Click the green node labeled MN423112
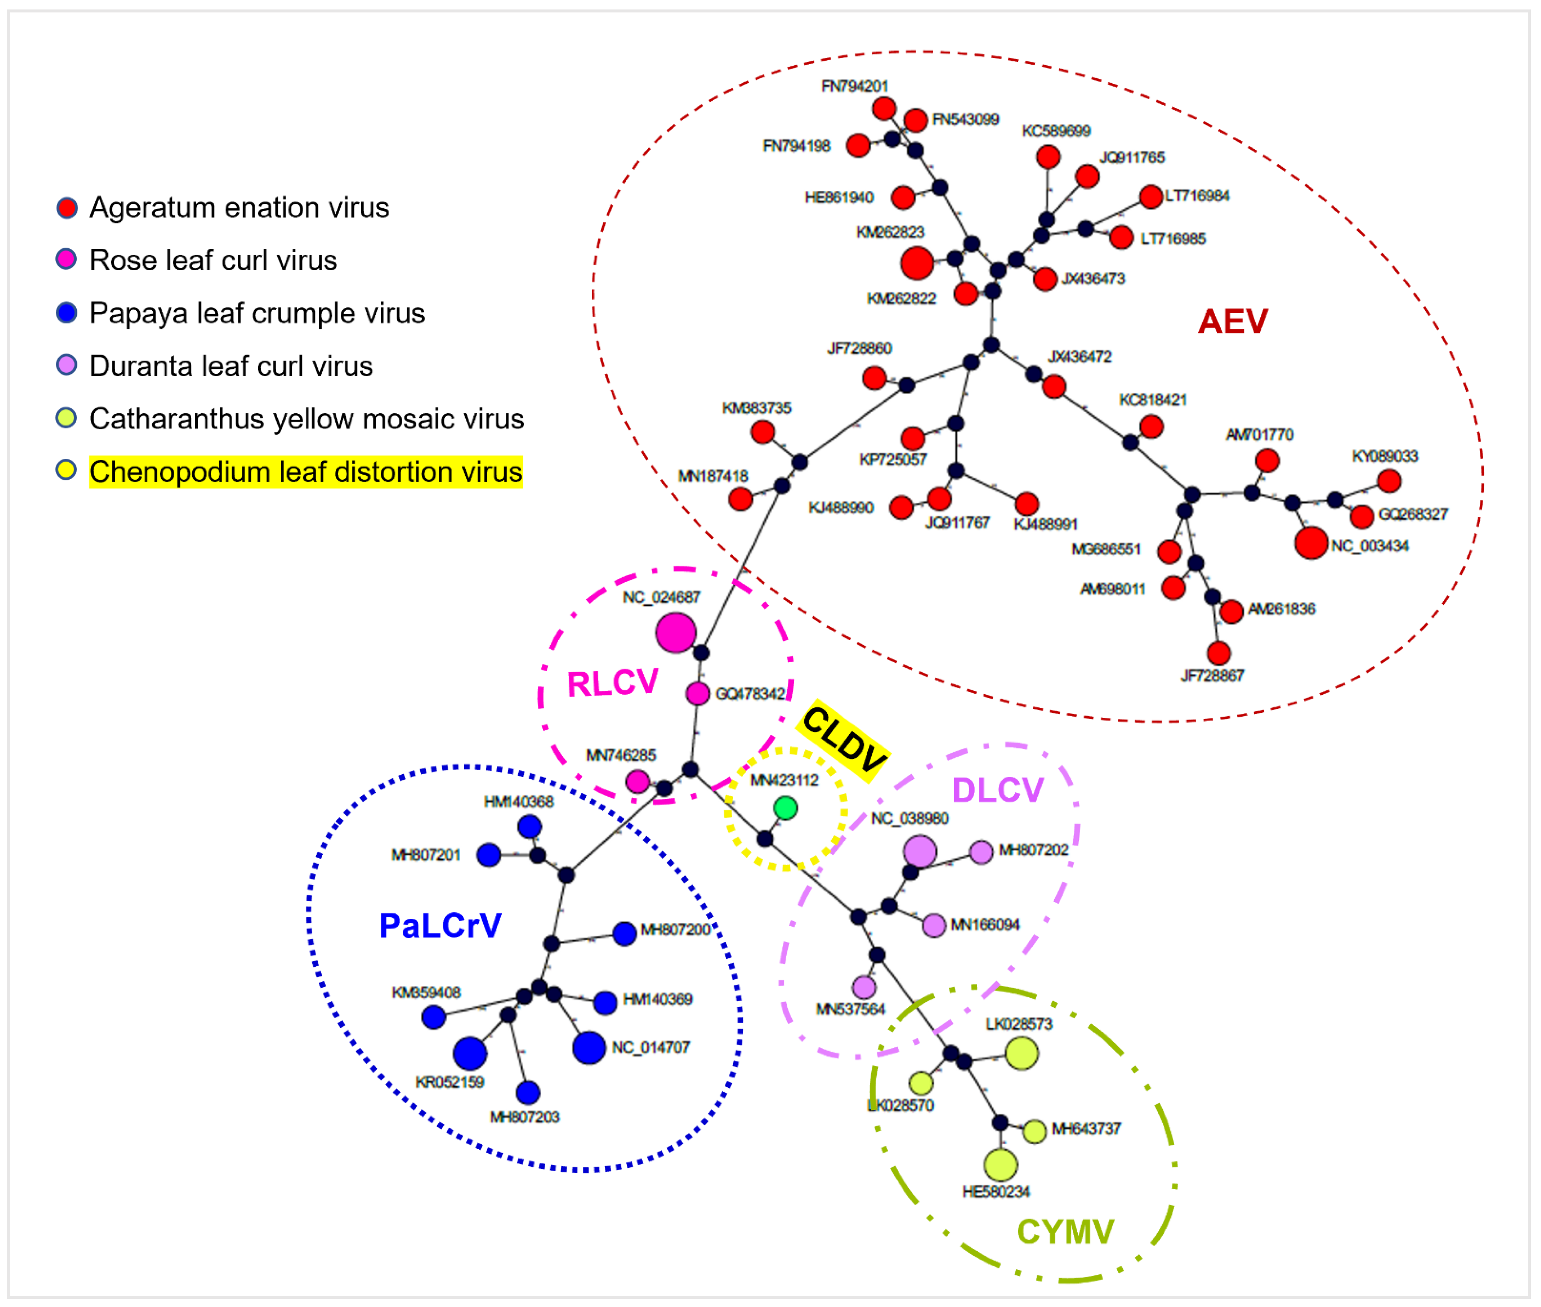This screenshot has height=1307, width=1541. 785,807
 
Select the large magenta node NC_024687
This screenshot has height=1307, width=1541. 675,633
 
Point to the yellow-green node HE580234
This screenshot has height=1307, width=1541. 1000,1165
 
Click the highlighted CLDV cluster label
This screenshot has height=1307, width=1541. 844,739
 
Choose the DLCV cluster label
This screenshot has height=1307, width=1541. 998,790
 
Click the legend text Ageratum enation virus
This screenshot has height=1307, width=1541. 239,207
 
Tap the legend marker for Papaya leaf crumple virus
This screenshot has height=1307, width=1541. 67,313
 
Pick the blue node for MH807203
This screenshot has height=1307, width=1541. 528,1092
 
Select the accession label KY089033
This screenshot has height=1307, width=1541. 1384,456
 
